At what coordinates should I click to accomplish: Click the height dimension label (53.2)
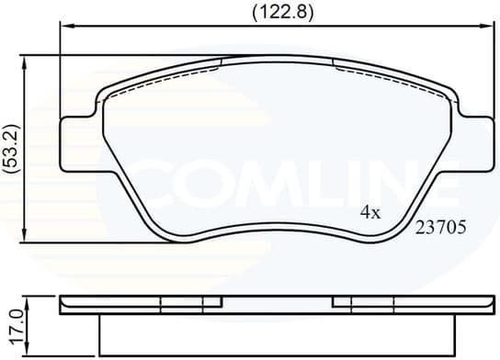(x=11, y=148)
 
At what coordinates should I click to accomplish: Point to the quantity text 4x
(x=369, y=212)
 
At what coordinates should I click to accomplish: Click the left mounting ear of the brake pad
(x=77, y=142)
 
